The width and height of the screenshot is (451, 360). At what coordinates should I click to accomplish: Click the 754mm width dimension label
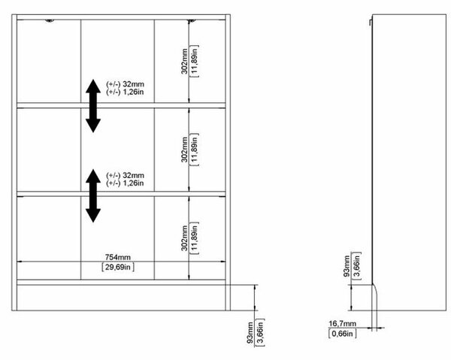tap(118, 257)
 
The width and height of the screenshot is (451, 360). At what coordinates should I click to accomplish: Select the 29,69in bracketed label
tap(118, 267)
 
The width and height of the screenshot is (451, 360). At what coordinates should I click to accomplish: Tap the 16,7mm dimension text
tap(342, 324)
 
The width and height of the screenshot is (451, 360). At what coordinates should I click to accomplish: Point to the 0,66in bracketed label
tap(342, 334)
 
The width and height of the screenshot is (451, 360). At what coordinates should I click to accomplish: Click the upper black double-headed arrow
tap(93, 106)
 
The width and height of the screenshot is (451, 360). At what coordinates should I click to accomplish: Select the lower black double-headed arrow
tap(93, 196)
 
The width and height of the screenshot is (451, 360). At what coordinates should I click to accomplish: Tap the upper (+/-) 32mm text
tap(125, 84)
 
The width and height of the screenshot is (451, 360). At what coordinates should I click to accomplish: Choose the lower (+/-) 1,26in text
tap(125, 183)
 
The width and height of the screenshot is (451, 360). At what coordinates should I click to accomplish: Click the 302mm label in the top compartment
tap(184, 61)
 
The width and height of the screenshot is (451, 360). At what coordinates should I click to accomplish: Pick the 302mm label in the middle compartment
tap(184, 150)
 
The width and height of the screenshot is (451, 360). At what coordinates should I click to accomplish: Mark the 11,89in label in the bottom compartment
tap(195, 238)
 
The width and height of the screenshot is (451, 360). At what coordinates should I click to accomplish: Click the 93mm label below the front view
tap(250, 333)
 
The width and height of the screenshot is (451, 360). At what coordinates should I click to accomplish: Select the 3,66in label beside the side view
tap(357, 265)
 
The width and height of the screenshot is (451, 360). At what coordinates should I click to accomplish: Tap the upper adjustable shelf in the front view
tap(121, 105)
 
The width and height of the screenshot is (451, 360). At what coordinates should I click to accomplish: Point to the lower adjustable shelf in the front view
tap(121, 194)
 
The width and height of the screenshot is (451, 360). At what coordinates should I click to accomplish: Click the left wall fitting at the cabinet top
tap(50, 21)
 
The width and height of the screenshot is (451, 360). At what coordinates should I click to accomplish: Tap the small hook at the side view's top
tap(371, 23)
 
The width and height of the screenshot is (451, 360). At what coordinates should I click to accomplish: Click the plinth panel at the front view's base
tap(121, 298)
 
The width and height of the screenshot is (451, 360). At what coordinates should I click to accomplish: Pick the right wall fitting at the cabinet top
tap(191, 21)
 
